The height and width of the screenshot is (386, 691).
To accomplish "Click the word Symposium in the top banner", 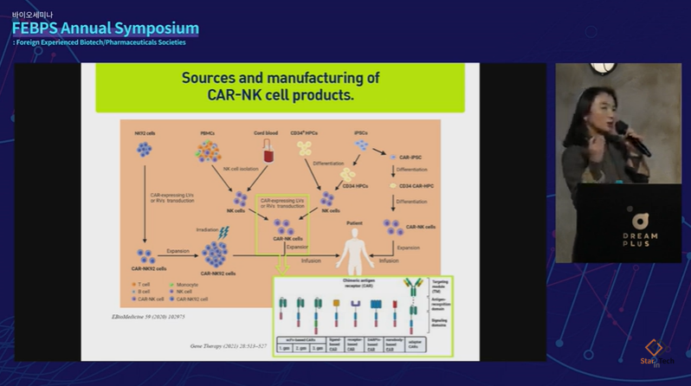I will (152, 28).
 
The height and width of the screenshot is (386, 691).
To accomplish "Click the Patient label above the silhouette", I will (355, 222).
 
